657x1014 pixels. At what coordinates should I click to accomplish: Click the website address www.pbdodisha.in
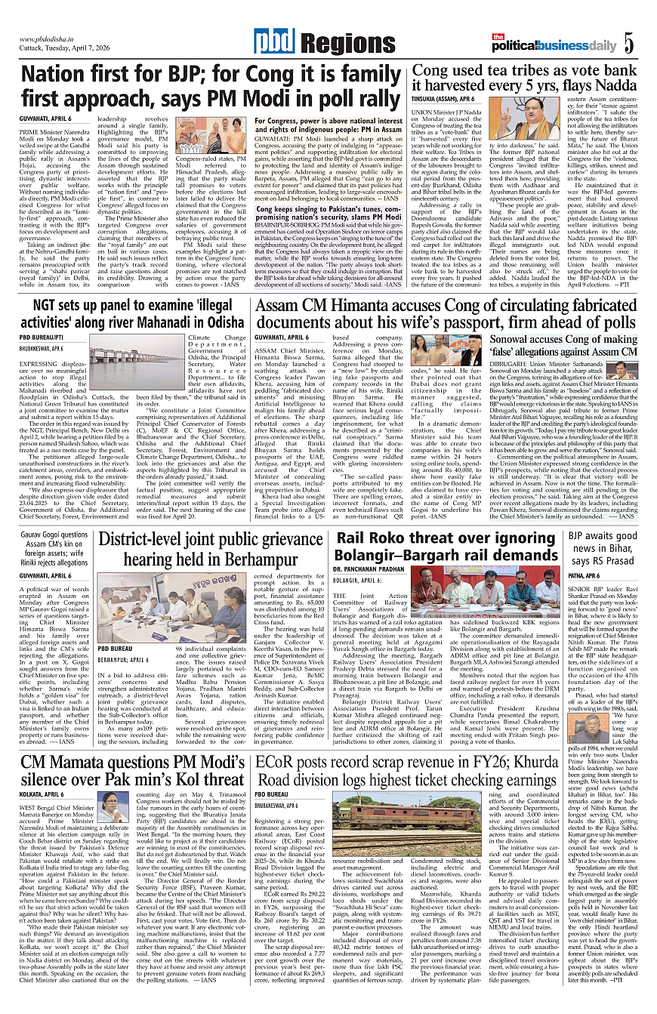tap(50, 39)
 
